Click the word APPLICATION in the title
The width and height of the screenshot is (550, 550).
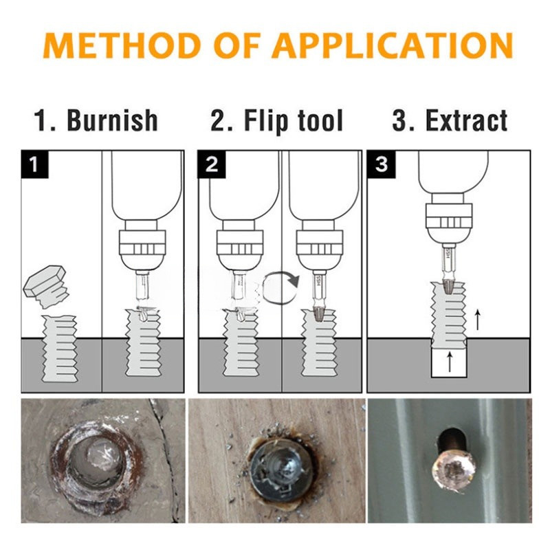click(393, 45)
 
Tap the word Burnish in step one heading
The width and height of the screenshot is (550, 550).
click(112, 120)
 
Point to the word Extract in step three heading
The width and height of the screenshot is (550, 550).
click(467, 120)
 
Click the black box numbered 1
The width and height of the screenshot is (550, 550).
click(35, 164)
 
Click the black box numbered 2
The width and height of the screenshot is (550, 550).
click(212, 164)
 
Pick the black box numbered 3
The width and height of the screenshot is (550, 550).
click(381, 164)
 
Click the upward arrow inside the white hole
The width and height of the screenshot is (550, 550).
click(450, 362)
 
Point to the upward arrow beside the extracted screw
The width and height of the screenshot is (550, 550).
click(477, 320)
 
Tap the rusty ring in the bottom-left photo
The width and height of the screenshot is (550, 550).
click(96, 461)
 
